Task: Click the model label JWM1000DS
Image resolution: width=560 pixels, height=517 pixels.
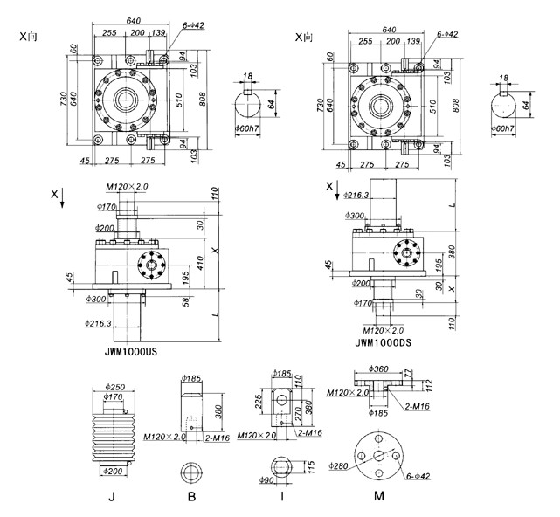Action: click(x=382, y=343)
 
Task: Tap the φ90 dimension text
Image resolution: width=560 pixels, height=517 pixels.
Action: click(x=270, y=480)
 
